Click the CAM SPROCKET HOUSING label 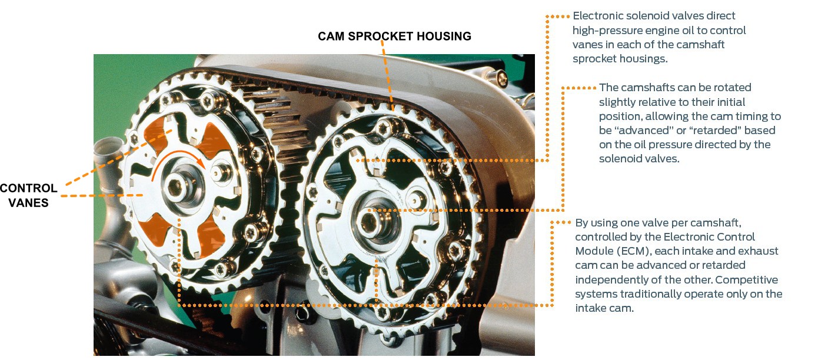click(x=394, y=36)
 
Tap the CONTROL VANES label click(x=29, y=196)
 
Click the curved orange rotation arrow click(x=177, y=158)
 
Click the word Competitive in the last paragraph click(x=747, y=279)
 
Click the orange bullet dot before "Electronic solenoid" click(x=567, y=16)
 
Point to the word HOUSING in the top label click(x=443, y=36)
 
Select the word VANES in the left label click(x=29, y=203)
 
